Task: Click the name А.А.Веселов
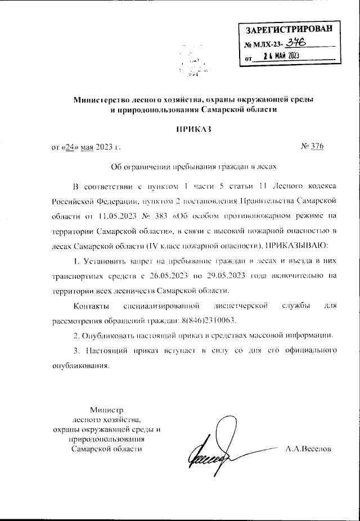309,449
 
